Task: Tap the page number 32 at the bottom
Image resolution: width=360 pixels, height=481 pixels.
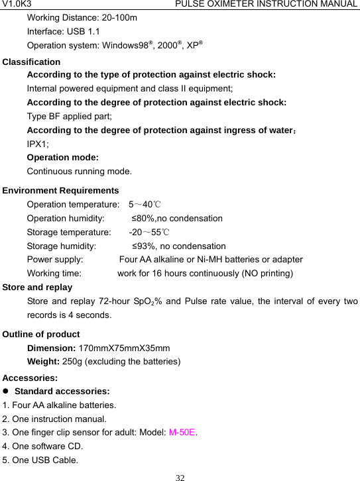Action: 180,476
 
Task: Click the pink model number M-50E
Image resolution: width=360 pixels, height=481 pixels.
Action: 182,433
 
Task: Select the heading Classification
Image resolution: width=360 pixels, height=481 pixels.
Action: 32,62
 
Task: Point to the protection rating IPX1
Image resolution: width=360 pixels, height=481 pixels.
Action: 36,143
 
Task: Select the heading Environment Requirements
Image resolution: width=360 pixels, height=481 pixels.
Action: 61,190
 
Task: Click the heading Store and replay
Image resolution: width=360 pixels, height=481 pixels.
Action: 38,288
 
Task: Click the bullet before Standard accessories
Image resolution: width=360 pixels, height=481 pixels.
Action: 7,392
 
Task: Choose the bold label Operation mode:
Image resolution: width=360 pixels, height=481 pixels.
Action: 63,158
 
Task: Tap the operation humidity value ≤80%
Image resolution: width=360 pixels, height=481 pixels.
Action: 143,218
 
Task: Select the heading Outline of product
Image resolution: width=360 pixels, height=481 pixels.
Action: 41,334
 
